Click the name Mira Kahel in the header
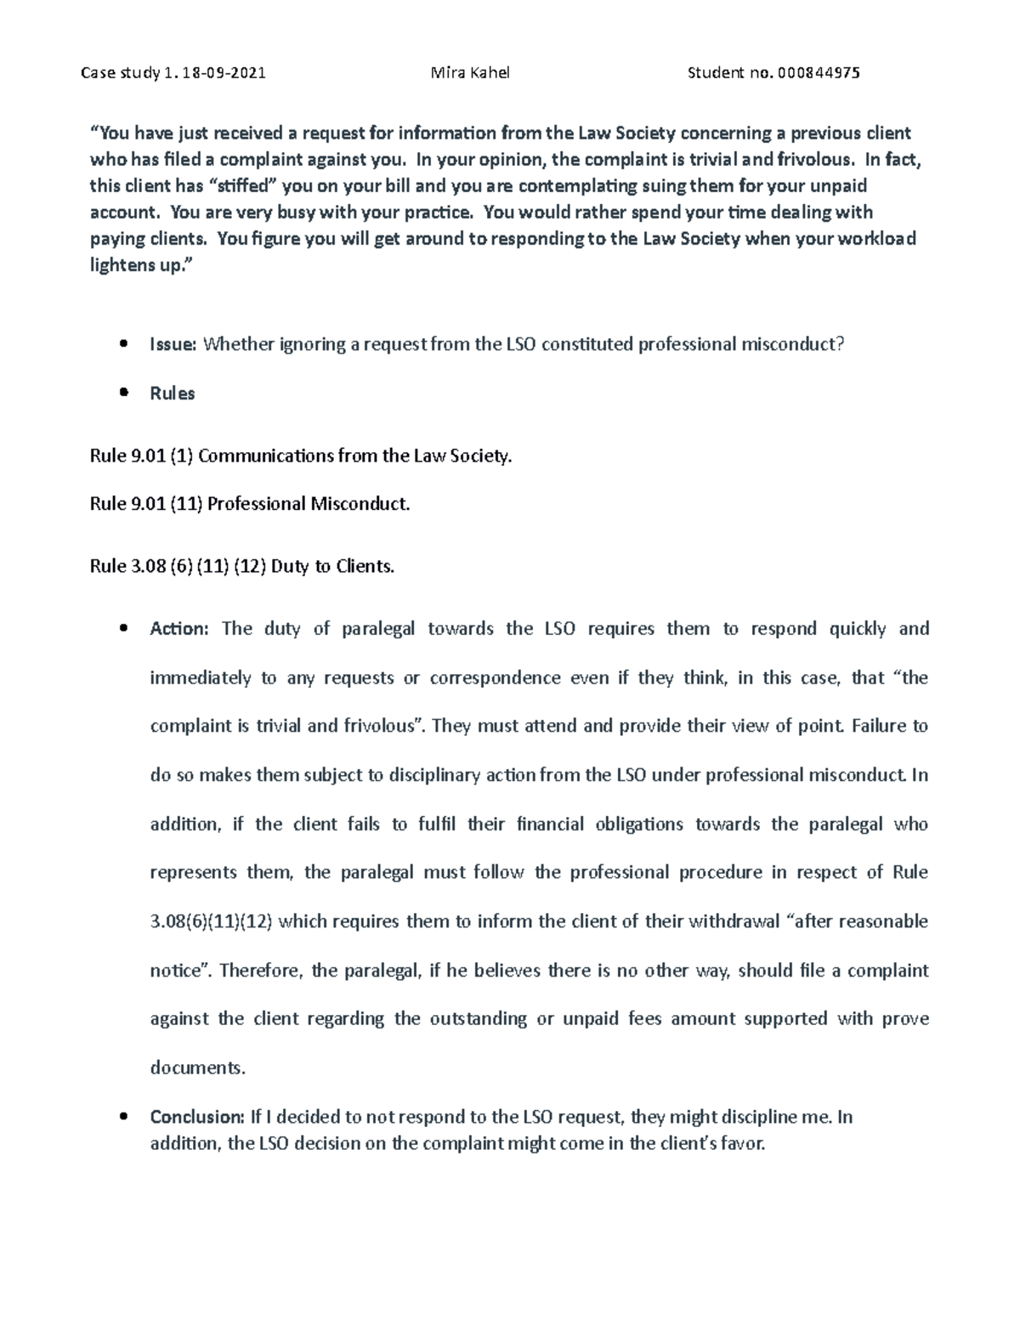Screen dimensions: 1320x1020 pos(470,73)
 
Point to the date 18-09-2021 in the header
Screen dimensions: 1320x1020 pos(225,73)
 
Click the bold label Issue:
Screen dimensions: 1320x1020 pos(173,344)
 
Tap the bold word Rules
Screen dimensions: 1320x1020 pos(173,394)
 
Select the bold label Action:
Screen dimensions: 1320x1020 pos(178,629)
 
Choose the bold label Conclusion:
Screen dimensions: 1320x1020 pos(197,1117)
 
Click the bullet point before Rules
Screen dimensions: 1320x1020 pos(125,394)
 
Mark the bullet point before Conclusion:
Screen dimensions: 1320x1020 pos(125,1117)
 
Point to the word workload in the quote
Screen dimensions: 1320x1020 pos(877,239)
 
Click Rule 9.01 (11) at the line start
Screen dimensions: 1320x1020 pos(145,504)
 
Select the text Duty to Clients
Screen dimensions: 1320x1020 pos(332,566)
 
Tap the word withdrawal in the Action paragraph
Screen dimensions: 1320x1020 pos(734,921)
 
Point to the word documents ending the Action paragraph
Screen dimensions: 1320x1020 pos(197,1068)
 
